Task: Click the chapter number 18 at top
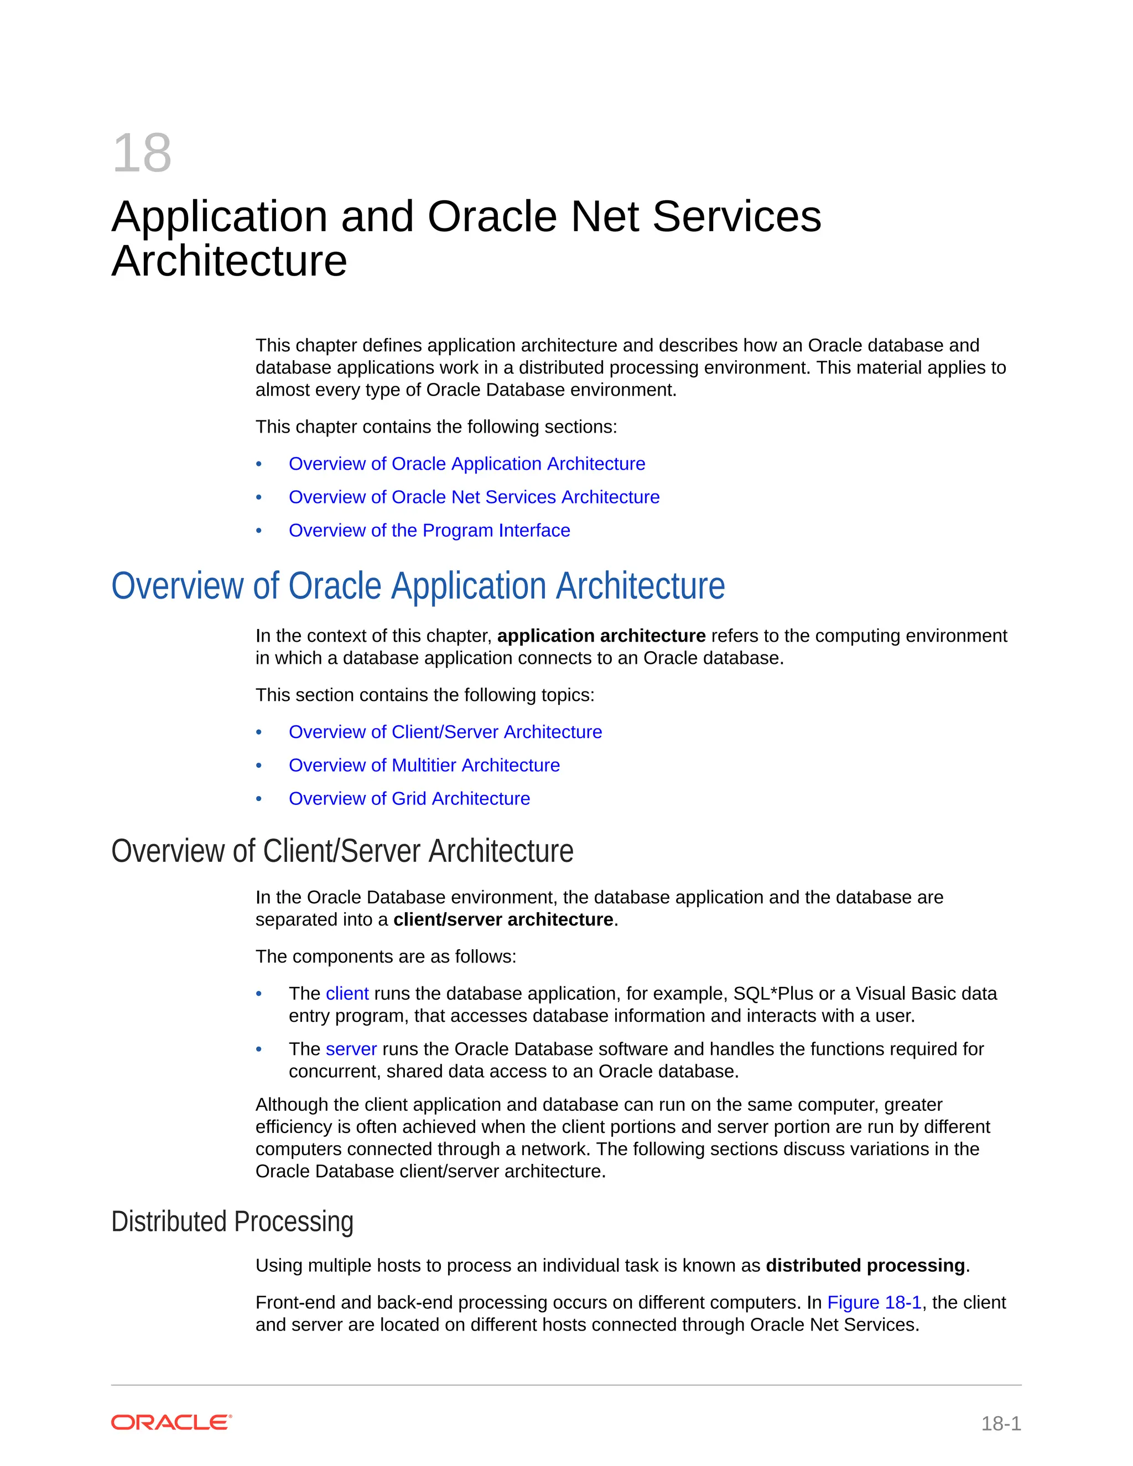coord(142,154)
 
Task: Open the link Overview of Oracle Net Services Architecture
coord(474,497)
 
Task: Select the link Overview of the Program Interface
coord(429,531)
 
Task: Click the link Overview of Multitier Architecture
coord(424,765)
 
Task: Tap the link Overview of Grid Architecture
coord(409,799)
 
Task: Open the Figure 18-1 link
coord(874,1303)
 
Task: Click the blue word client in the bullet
coord(347,994)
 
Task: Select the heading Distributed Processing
coord(232,1221)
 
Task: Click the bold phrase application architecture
coord(601,636)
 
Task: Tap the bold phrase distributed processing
coord(865,1266)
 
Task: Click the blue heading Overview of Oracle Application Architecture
coord(418,586)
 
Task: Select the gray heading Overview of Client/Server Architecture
coord(342,851)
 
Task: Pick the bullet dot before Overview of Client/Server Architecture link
coord(259,732)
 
